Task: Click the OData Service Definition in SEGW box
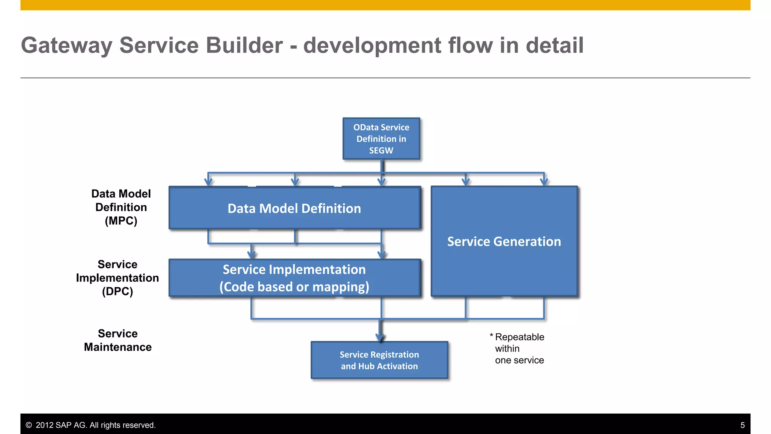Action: pyautogui.click(x=381, y=139)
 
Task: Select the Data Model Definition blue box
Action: pyautogui.click(x=294, y=208)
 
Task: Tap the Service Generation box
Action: pyautogui.click(x=504, y=241)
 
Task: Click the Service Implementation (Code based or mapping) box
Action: pyautogui.click(x=294, y=278)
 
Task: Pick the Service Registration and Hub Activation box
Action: pyautogui.click(x=379, y=360)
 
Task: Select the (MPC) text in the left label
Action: pyautogui.click(x=121, y=221)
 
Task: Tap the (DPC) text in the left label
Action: pyautogui.click(x=117, y=292)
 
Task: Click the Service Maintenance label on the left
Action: pyautogui.click(x=117, y=340)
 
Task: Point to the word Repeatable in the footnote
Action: pyautogui.click(x=520, y=337)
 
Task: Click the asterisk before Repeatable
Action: pyautogui.click(x=491, y=335)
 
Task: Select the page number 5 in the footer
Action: pyautogui.click(x=742, y=425)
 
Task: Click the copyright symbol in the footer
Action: pyautogui.click(x=29, y=425)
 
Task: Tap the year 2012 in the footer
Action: pyautogui.click(x=44, y=425)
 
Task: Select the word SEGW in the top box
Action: pyautogui.click(x=381, y=150)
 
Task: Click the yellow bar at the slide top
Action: pyautogui.click(x=385, y=5)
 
